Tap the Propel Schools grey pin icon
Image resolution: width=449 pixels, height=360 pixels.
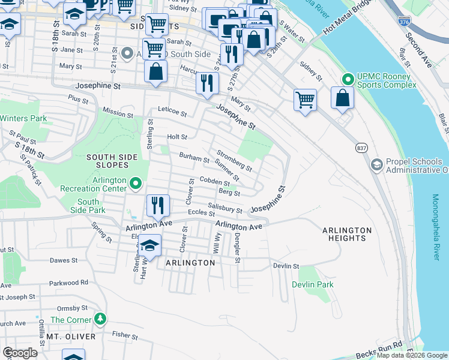click(376, 164)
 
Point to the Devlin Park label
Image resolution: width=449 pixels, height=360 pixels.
click(313, 284)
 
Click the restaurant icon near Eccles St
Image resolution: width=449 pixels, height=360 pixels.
click(156, 205)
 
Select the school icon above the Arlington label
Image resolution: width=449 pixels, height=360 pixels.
click(149, 245)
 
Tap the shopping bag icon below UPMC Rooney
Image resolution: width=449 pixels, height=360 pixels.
click(342, 99)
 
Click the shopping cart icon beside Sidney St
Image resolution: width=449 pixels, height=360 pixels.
click(305, 99)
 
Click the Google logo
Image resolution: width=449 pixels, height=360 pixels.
click(20, 353)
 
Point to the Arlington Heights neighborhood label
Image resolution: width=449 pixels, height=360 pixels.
click(347, 234)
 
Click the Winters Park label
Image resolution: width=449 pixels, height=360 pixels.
click(23, 118)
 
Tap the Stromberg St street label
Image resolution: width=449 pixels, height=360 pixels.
click(234, 161)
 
